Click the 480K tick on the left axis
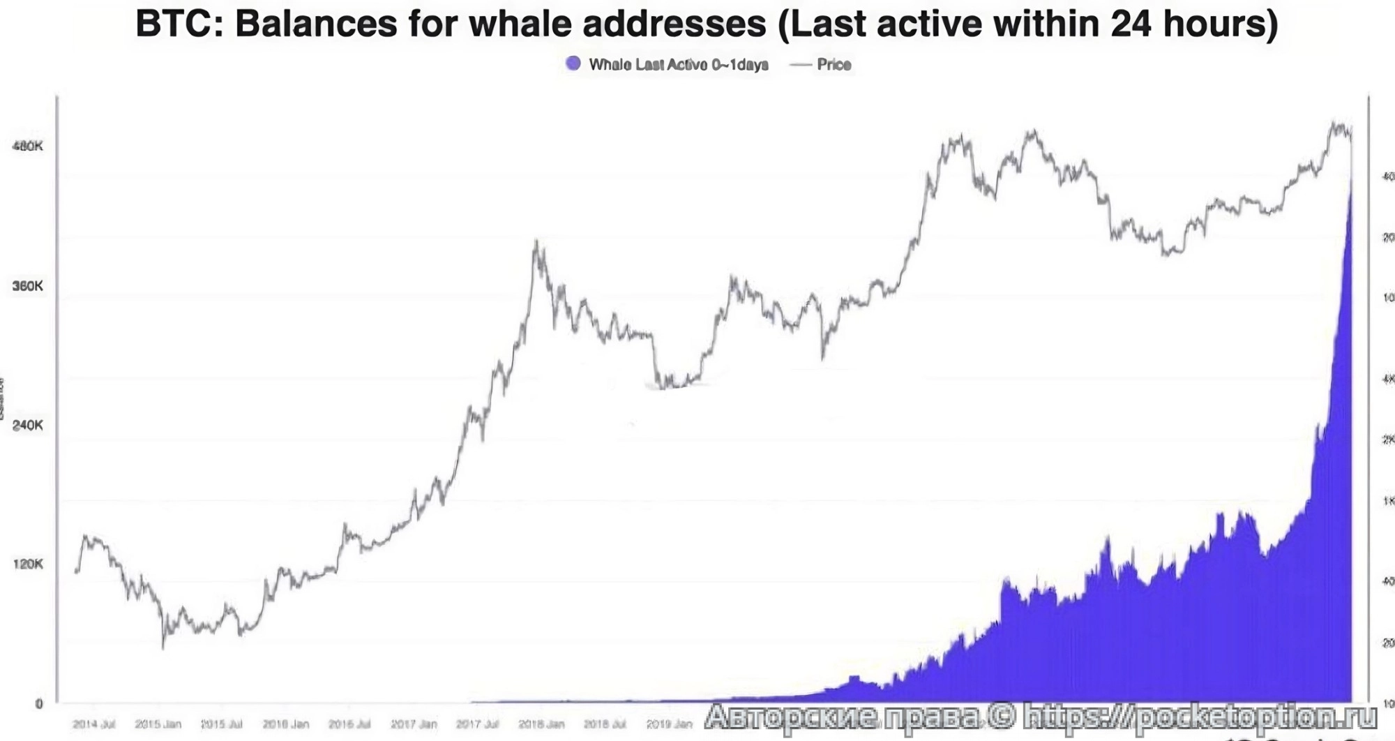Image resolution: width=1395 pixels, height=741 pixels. pos(27,146)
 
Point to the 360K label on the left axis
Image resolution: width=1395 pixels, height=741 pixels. pos(27,286)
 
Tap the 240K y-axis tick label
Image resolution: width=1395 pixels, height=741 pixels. pos(27,425)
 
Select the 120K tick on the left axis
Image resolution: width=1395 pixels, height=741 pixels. pos(27,564)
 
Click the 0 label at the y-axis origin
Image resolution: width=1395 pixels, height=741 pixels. pos(39,704)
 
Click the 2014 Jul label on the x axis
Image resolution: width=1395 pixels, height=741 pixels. pos(94,724)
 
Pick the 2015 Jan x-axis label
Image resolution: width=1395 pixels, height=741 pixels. pos(158,724)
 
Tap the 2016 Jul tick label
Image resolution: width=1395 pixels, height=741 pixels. pos(349,724)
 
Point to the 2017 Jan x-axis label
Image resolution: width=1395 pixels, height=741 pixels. pos(414,724)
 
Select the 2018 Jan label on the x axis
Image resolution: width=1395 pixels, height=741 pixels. pos(541,724)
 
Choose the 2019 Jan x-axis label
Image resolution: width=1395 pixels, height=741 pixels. pos(669,724)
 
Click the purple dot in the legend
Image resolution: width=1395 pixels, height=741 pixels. pos(573,63)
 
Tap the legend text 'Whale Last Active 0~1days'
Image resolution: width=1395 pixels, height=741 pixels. pos(679,65)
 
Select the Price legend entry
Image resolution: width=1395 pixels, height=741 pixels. pos(834,65)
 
